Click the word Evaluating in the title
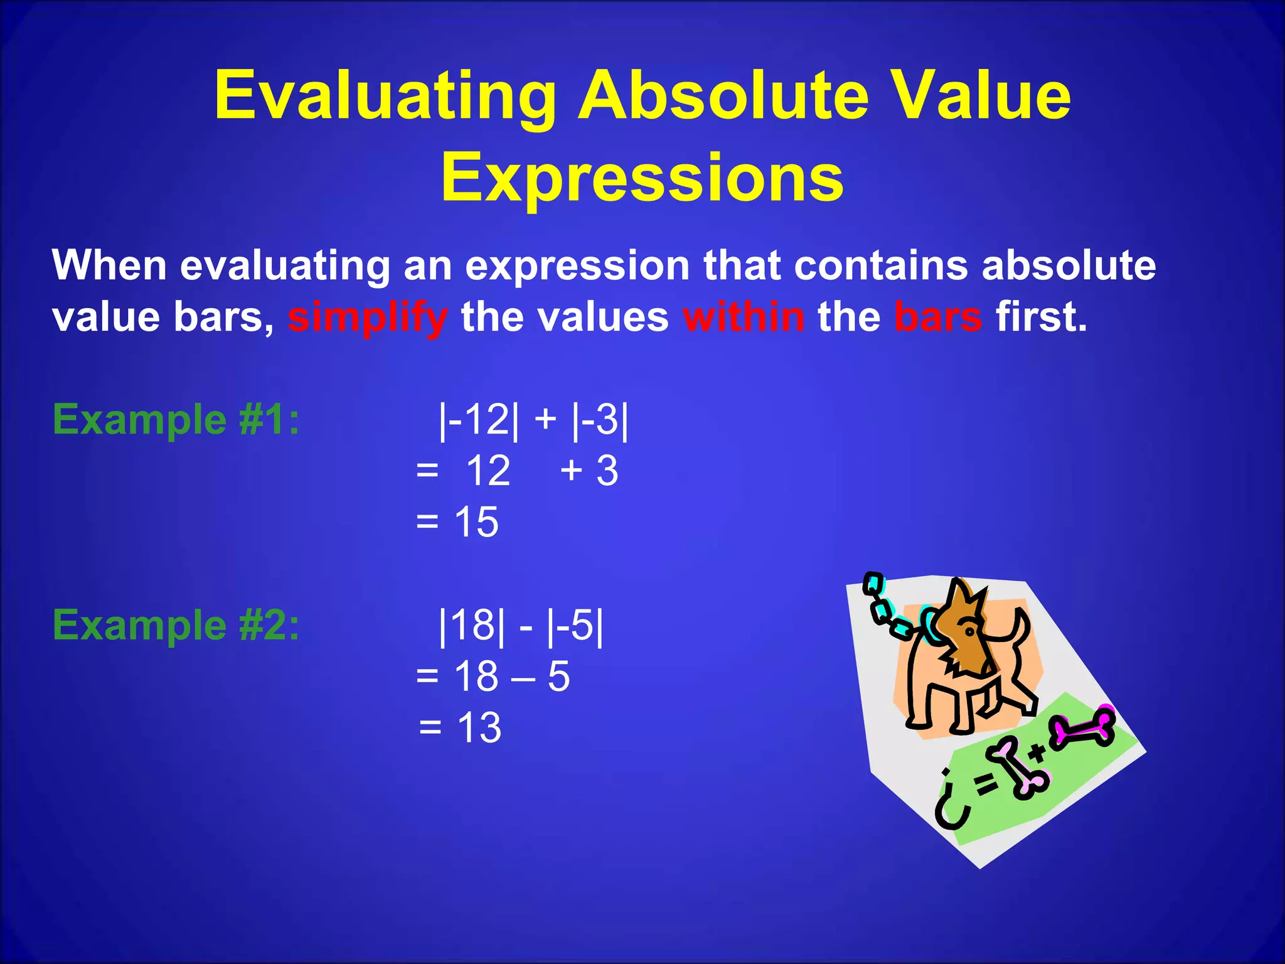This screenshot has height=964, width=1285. click(x=385, y=95)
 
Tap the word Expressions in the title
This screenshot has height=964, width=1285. click(x=642, y=178)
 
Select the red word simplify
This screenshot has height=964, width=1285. click(x=368, y=318)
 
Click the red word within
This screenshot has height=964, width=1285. click(x=744, y=316)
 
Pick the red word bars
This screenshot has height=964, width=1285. click(x=937, y=316)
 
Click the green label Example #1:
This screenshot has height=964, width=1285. click(x=176, y=419)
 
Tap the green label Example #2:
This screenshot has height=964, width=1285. click(x=176, y=625)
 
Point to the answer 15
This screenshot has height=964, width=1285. click(x=476, y=522)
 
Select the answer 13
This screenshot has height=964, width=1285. click(x=479, y=728)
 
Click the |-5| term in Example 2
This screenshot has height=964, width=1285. click(x=575, y=625)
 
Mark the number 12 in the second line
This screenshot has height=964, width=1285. click(x=488, y=471)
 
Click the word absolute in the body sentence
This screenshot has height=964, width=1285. click(x=1068, y=265)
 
